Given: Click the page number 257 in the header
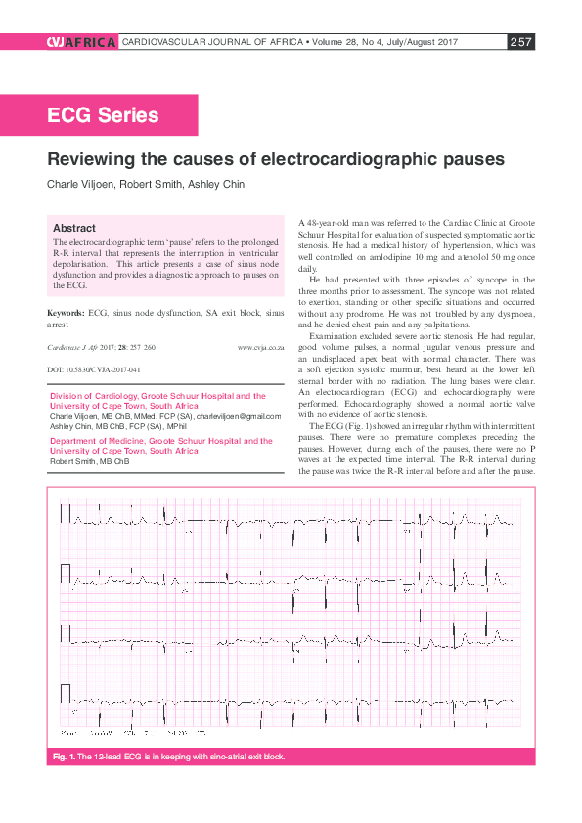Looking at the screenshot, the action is (520, 42).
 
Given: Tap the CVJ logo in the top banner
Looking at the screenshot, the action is (57, 42).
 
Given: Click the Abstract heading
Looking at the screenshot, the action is (74, 227).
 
